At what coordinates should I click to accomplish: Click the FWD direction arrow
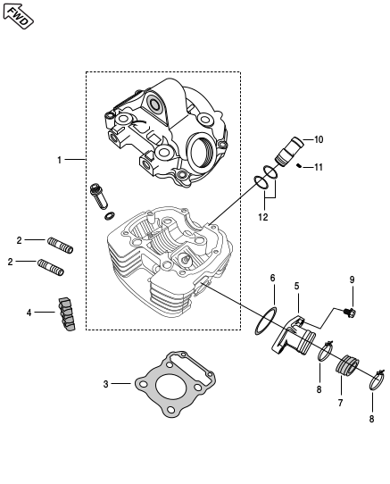tap(18, 16)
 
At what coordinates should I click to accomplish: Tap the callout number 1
tap(59, 160)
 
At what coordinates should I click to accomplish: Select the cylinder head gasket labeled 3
tap(175, 384)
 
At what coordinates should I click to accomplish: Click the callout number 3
tap(106, 384)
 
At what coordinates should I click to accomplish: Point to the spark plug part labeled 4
tap(67, 314)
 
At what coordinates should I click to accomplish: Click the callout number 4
tap(29, 313)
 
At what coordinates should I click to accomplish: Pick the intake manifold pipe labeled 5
tap(293, 338)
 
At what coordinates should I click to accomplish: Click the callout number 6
tap(272, 278)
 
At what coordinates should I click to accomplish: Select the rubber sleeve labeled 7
tap(347, 365)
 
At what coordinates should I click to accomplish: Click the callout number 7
tap(340, 403)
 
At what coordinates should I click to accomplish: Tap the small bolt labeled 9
tap(351, 313)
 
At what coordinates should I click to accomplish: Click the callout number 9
tap(352, 280)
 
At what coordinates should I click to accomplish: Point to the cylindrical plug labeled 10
tap(289, 151)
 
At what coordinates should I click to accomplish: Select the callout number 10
tap(319, 139)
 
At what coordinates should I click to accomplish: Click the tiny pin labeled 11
tap(299, 166)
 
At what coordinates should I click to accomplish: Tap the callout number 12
tap(263, 217)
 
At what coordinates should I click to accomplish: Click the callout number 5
tap(296, 286)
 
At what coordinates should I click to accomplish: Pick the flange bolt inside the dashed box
tap(99, 196)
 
